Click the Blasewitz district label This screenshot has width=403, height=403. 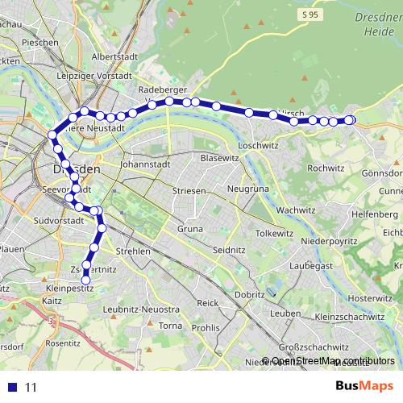[220, 158]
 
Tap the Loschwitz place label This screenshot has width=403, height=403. [259, 146]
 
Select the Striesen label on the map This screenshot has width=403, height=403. [189, 191]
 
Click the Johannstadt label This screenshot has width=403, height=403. [143, 163]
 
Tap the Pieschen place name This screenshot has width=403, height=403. [40, 42]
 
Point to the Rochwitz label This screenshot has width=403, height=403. [326, 168]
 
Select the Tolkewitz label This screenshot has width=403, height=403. [275, 232]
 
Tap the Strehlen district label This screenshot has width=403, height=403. [132, 251]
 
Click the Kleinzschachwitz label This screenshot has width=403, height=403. [350, 317]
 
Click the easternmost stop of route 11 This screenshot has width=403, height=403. [350, 120]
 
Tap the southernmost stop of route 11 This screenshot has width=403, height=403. [86, 280]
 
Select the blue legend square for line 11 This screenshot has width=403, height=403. [11, 387]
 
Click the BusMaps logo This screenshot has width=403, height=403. [364, 385]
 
